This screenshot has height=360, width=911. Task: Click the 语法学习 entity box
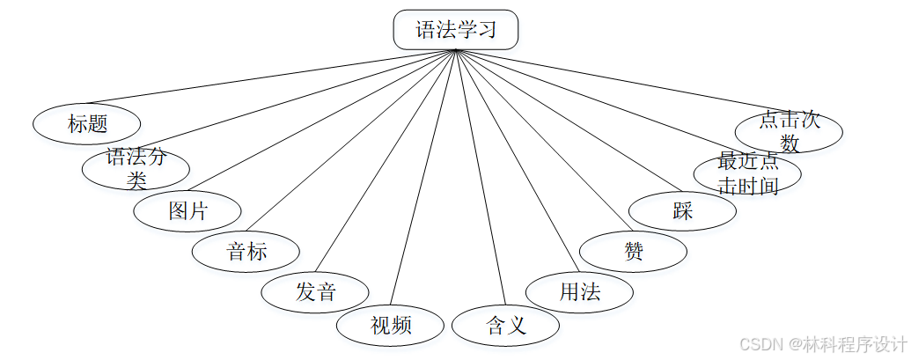pyautogui.click(x=455, y=30)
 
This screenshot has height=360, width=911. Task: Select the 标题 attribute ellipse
pyautogui.click(x=87, y=124)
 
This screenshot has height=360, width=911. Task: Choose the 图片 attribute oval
pyautogui.click(x=187, y=211)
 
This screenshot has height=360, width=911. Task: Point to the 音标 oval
pyautogui.click(x=246, y=253)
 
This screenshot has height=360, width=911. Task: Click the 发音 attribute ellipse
pyautogui.click(x=315, y=292)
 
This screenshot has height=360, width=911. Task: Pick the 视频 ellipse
pyautogui.click(x=390, y=326)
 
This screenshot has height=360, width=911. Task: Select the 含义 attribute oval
pyautogui.click(x=505, y=326)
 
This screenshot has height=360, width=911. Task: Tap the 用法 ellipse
pyautogui.click(x=579, y=292)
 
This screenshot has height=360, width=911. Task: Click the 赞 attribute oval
pyautogui.click(x=634, y=253)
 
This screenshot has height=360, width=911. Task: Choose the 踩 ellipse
pyautogui.click(x=683, y=211)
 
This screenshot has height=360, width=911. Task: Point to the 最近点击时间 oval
pyautogui.click(x=747, y=173)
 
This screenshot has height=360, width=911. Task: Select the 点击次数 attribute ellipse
pyautogui.click(x=789, y=131)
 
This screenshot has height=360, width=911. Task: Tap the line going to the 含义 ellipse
pyautogui.click(x=480, y=176)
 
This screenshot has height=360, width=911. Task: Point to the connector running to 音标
pyautogui.click(x=352, y=141)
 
